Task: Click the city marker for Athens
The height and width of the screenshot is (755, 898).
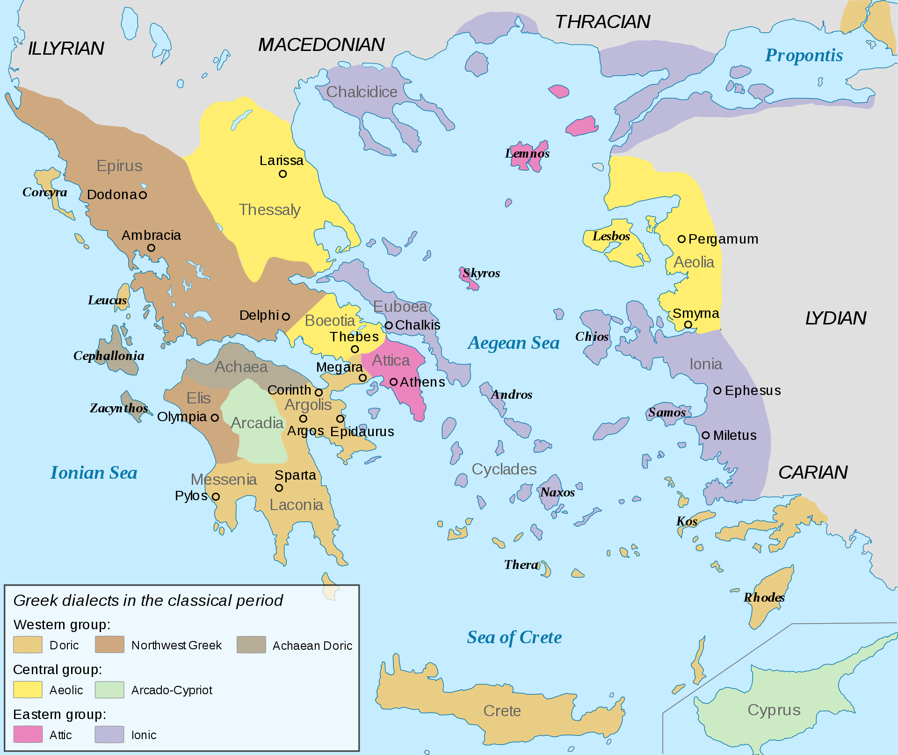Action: point(393,382)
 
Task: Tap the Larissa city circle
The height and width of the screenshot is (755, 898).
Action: point(282,174)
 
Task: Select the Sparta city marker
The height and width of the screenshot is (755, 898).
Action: point(279,488)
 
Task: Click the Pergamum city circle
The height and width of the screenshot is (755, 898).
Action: point(681,239)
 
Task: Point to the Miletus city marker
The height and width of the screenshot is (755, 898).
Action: point(706,435)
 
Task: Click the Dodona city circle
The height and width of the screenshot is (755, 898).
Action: point(143,195)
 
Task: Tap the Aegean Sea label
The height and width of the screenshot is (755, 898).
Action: point(514,343)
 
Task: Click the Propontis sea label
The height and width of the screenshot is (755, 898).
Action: point(804,55)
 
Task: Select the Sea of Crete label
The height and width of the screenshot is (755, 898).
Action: point(514,637)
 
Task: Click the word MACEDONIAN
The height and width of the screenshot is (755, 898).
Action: point(321,45)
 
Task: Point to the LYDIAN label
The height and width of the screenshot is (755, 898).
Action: point(835,318)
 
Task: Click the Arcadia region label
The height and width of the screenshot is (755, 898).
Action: point(257,423)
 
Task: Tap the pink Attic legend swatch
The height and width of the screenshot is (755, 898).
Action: point(28,734)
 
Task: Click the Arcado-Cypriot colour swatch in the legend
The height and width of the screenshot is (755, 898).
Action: point(109,690)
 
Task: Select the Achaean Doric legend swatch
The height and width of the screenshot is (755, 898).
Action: point(251,645)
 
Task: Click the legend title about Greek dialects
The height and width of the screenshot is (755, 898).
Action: point(148,600)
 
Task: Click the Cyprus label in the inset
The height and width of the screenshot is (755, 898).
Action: point(774,710)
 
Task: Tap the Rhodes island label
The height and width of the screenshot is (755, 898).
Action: point(764,597)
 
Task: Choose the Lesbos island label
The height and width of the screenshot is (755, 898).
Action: point(611,236)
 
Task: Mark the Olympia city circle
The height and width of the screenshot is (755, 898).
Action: point(215,417)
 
